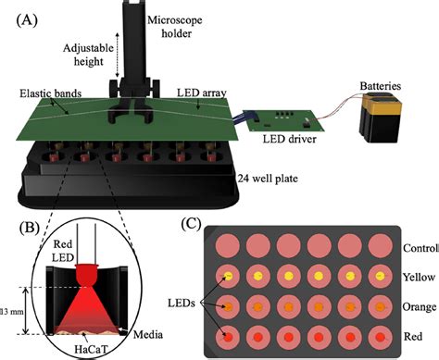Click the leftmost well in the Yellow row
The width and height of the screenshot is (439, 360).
click(x=227, y=277)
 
